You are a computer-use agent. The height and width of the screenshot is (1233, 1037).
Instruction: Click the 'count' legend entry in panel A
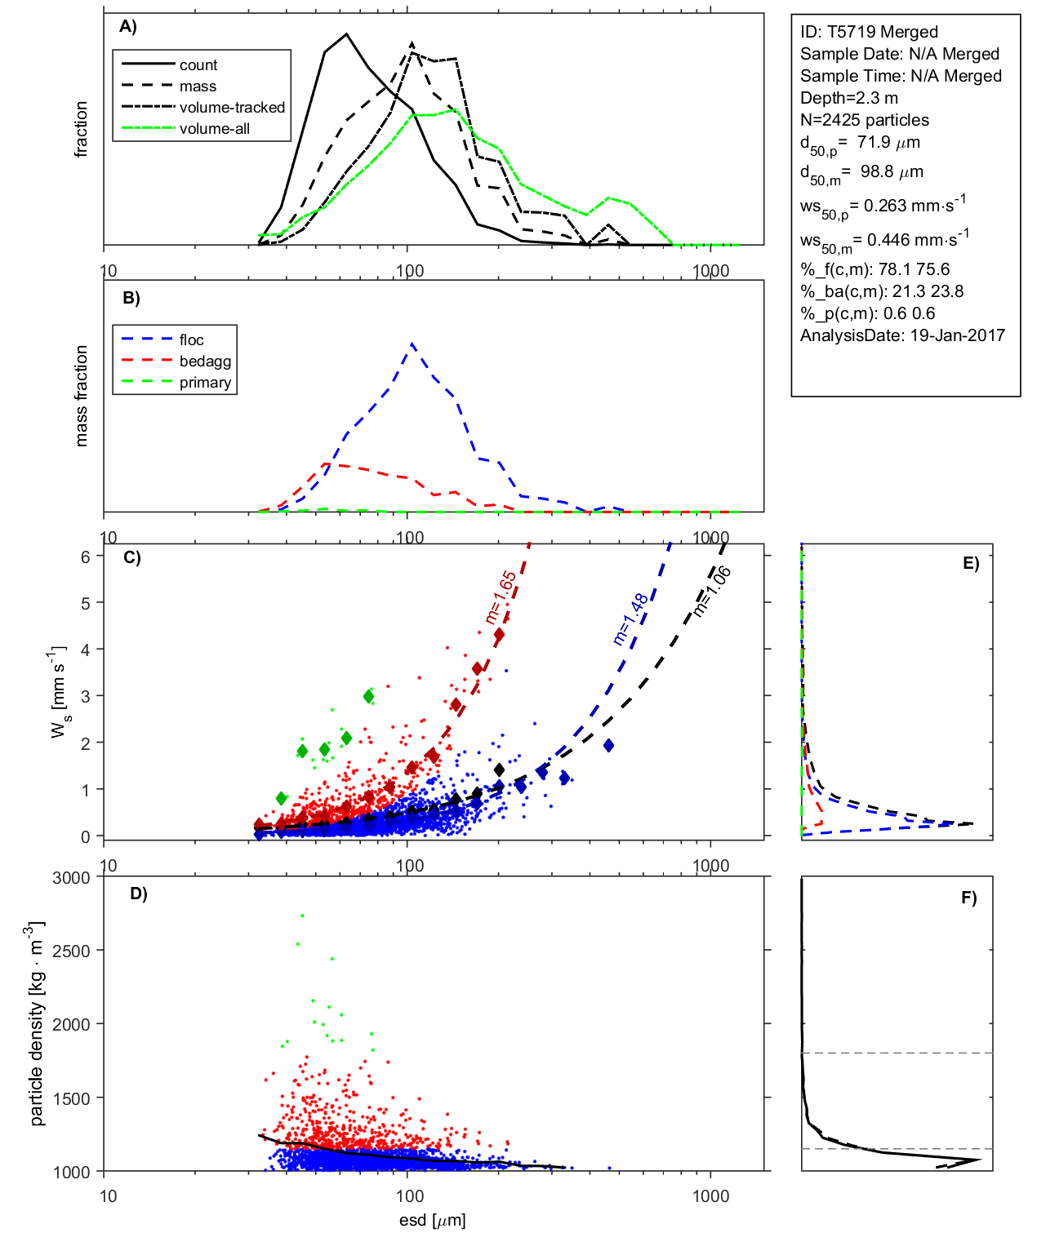(198, 65)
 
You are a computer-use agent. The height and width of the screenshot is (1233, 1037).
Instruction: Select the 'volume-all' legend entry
(215, 129)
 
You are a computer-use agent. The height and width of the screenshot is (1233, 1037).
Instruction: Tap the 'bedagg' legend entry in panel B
(205, 361)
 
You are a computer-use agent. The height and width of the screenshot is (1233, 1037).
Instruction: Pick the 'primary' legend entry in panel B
(205, 383)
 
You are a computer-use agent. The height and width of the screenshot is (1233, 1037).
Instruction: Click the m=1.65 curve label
(501, 597)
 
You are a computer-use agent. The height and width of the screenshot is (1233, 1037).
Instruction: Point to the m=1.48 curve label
(630, 619)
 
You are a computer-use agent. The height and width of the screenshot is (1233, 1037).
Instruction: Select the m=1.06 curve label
(712, 591)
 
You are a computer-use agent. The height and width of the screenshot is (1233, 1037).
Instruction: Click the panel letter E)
(970, 563)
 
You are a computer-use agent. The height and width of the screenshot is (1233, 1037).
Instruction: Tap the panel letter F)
(968, 898)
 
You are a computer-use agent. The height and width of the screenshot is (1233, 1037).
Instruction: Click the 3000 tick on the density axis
(71, 878)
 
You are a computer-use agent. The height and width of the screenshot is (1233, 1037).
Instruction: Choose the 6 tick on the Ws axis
(85, 557)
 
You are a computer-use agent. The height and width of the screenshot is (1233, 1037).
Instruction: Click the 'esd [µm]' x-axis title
(432, 1220)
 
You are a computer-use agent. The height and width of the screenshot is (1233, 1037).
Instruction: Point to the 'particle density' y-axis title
(37, 1024)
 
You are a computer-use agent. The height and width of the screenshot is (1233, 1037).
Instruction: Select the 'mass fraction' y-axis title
(81, 396)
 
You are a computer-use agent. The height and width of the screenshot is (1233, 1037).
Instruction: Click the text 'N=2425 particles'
(864, 120)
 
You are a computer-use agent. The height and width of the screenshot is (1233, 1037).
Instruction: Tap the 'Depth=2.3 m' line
(848, 98)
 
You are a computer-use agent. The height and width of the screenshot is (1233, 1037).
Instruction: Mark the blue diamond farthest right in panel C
(608, 745)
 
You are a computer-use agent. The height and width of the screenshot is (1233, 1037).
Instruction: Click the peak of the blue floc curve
(412, 344)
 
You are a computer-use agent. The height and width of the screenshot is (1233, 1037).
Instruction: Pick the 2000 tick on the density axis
(71, 1025)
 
